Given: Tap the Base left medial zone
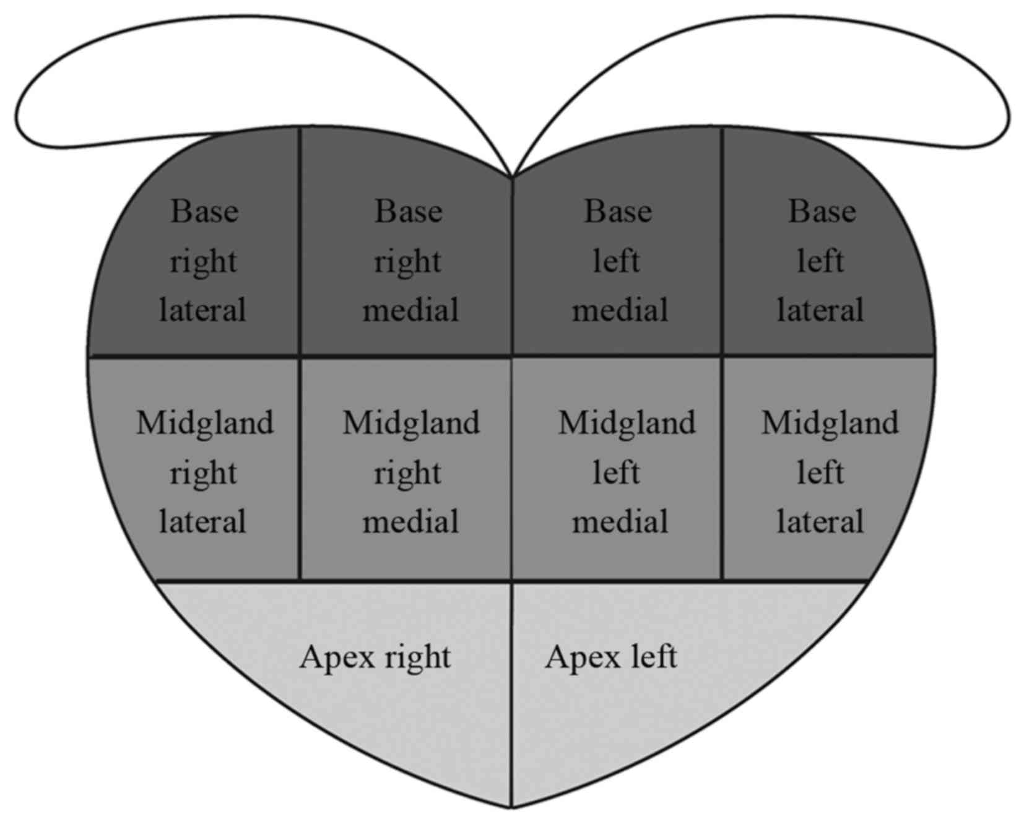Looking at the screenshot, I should pyautogui.click(x=618, y=260).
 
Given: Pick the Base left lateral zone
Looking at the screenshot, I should pyautogui.click(x=821, y=260).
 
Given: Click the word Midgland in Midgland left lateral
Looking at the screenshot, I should pyautogui.click(x=830, y=423).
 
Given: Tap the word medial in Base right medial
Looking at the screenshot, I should pyautogui.click(x=410, y=310).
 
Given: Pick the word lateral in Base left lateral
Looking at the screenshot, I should pyautogui.click(x=820, y=310).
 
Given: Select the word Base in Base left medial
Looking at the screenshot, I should pyautogui.click(x=618, y=212).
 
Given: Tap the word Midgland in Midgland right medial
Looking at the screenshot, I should pyautogui.click(x=411, y=423).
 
